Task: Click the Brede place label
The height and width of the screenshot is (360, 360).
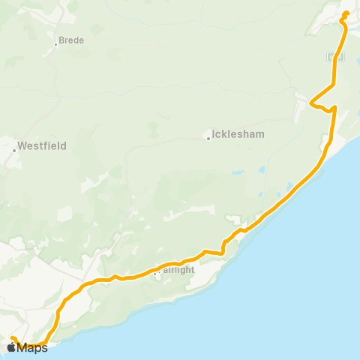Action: coord(71,40)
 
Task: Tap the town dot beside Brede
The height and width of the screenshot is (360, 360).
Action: coord(56,43)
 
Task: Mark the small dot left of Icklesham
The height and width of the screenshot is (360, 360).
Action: coord(208,138)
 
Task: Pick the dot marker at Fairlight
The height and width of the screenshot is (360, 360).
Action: coord(155,274)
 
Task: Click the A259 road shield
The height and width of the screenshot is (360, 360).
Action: coord(335,56)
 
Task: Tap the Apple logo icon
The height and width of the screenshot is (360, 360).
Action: coord(11,347)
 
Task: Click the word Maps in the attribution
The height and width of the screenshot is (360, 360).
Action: coord(32,347)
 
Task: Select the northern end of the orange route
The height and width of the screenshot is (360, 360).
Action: coord(346,13)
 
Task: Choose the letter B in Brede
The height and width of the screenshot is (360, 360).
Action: coord(61,40)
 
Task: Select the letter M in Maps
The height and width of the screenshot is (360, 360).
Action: coord(22,347)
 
